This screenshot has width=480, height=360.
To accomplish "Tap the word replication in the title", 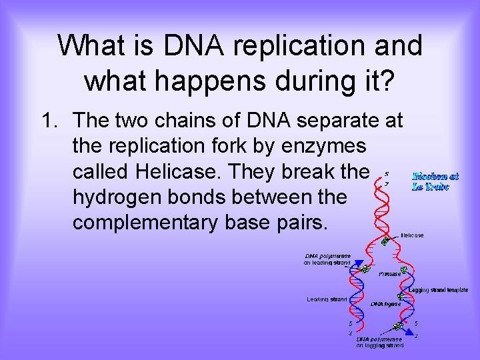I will pos(303,46).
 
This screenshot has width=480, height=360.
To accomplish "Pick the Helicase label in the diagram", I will pos(412,235).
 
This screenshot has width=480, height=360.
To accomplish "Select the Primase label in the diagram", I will pos(389,274).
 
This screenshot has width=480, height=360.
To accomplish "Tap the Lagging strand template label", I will pos(438,290).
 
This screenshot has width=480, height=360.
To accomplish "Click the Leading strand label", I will pos(327,299).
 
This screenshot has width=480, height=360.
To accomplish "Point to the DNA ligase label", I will pos(385,303).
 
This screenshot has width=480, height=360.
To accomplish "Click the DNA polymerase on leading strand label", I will pos(327,259).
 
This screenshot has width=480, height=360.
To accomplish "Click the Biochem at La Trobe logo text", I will pos(435,181).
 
